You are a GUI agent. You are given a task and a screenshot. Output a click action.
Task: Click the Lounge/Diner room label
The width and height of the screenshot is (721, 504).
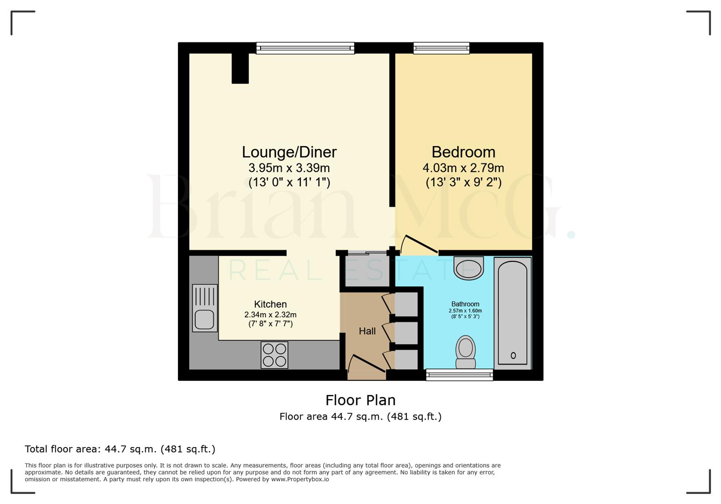(289, 152)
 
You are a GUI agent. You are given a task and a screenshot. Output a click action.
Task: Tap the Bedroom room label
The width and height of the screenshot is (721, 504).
(463, 152)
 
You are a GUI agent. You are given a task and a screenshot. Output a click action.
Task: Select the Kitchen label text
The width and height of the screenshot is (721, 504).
(270, 304)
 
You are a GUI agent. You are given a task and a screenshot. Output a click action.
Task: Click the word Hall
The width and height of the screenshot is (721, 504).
(367, 331)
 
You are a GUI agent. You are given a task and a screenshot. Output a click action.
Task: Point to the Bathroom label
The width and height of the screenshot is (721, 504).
(465, 304)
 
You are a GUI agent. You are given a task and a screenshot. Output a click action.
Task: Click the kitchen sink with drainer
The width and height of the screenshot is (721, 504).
(205, 308)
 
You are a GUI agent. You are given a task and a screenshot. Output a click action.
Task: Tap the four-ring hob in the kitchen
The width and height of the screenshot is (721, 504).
(274, 355)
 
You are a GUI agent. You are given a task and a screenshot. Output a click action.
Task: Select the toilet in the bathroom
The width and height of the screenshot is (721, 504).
(466, 352)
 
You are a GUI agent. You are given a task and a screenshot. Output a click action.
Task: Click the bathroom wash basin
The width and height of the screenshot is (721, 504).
(468, 268)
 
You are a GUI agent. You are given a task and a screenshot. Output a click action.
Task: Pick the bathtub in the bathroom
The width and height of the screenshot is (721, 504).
(513, 313)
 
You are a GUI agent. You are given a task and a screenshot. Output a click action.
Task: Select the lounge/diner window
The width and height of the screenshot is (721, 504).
(305, 48)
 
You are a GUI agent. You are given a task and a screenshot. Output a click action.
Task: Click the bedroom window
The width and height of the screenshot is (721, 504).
(441, 48)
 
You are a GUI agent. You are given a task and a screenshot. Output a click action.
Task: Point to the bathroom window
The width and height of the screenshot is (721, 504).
(459, 375)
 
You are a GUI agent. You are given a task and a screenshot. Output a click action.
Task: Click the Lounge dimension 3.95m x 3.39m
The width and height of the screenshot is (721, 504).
(289, 168)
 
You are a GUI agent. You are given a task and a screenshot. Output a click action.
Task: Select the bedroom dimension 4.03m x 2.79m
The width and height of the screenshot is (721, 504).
(463, 168)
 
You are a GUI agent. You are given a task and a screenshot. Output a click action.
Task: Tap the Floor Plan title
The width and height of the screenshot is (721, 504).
(360, 400)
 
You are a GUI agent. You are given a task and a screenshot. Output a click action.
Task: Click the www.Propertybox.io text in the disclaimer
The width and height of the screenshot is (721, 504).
(300, 479)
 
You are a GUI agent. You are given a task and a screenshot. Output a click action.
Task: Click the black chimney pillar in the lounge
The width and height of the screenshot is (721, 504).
(240, 68)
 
